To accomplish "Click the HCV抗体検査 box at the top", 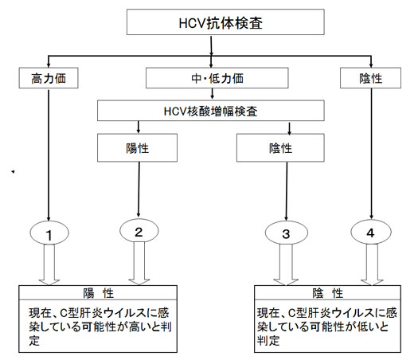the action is click(225, 22).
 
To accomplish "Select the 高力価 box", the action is click(49, 78).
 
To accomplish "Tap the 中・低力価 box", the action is click(217, 78).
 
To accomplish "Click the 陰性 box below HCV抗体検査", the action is click(370, 78).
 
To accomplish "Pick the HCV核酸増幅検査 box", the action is click(211, 111).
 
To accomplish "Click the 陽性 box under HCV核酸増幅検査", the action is click(137, 147).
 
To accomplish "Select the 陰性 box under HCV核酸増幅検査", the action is click(280, 147).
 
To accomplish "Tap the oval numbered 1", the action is click(49, 233).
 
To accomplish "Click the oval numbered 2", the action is click(139, 231).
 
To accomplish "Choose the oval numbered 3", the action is click(287, 233).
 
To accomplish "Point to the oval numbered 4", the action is click(371, 232).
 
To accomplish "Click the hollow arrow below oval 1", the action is click(49, 264).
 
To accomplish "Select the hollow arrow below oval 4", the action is click(372, 264).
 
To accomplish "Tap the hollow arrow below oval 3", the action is click(286, 264).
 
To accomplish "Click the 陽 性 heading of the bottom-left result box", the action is click(98, 293).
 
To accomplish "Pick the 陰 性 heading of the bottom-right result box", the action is click(327, 293).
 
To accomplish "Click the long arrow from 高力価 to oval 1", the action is click(49, 155).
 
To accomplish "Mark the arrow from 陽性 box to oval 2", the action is click(139, 190).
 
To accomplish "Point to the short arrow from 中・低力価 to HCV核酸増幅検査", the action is click(213, 94).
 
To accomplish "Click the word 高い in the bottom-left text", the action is click(138, 327).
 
